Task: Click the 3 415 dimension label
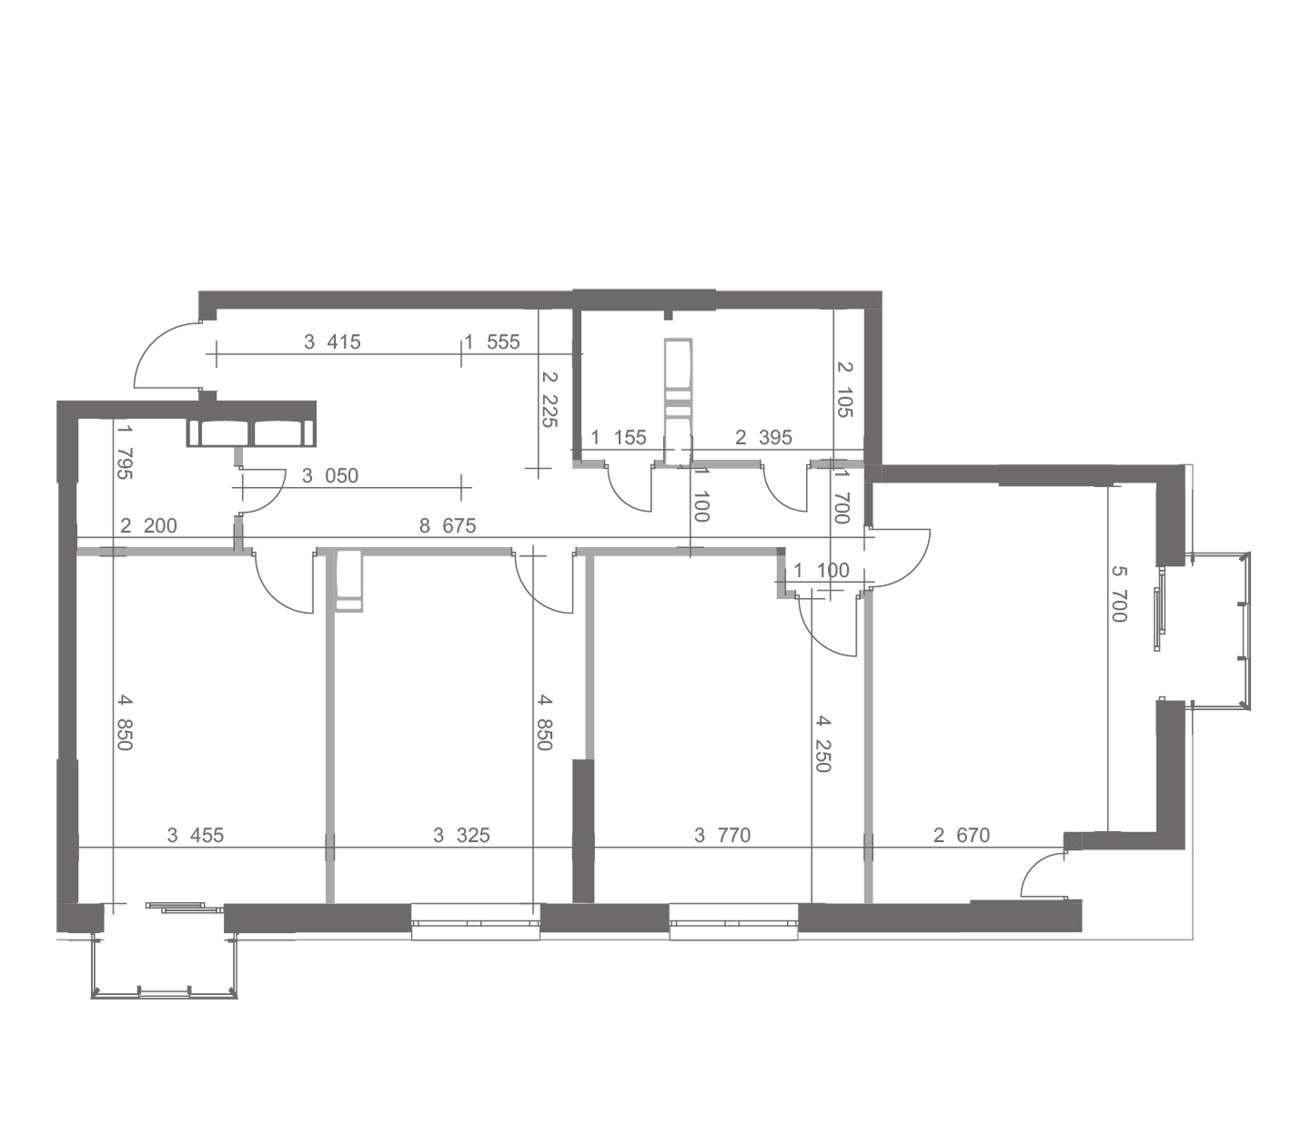332,341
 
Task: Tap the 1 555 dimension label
492,341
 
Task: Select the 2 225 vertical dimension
549,400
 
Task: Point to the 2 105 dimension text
844,389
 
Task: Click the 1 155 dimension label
618,438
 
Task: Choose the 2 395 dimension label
763,438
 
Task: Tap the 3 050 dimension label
330,476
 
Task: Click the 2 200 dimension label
148,525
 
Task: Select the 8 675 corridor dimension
448,525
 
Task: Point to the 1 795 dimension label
125,452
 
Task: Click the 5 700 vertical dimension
1119,594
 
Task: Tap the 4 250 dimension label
822,745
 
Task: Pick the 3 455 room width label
196,835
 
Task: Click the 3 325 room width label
461,835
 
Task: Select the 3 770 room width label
722,835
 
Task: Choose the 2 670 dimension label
962,835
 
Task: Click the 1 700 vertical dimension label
842,497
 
